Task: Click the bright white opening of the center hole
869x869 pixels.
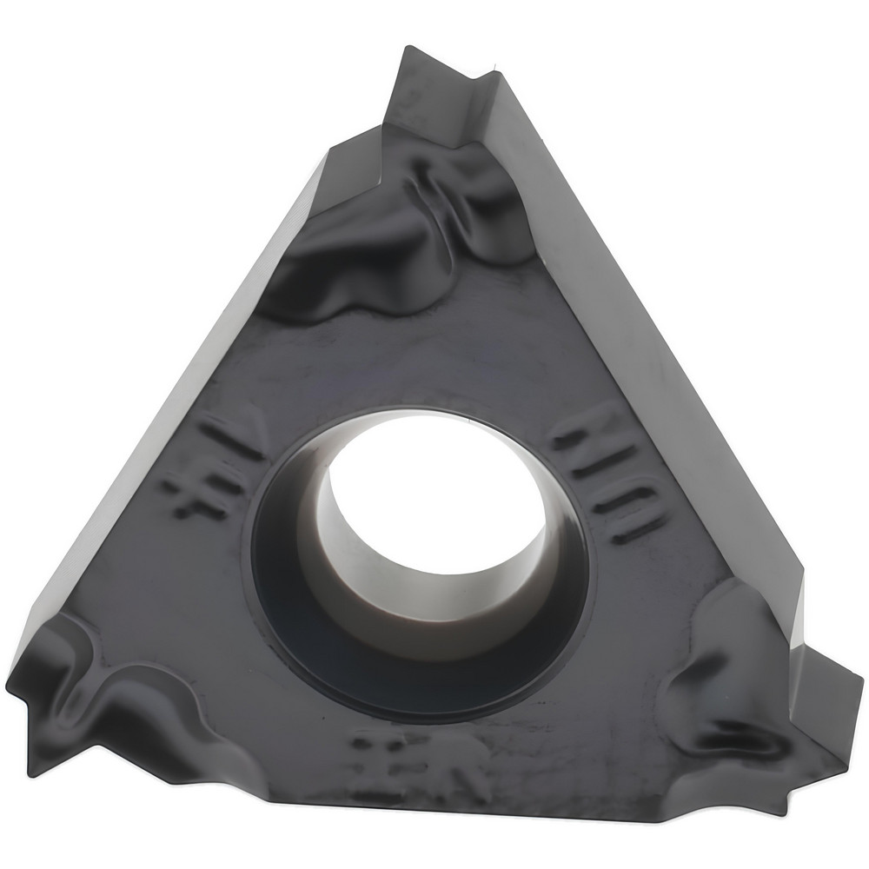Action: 434,487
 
